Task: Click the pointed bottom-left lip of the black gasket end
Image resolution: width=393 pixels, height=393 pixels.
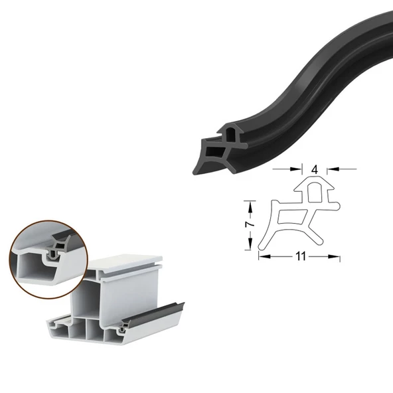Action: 196,171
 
